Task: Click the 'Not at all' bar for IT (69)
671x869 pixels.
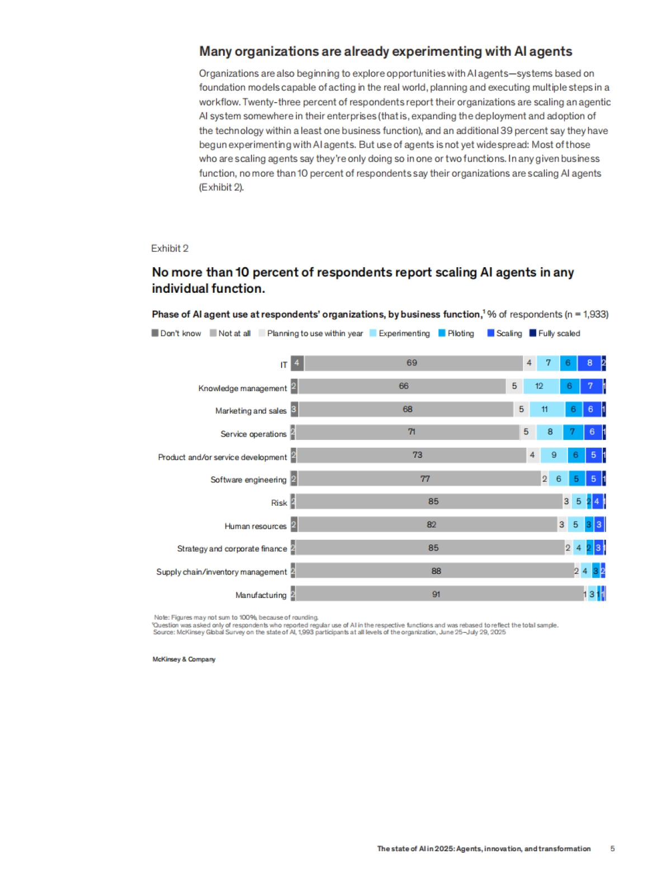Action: (413, 363)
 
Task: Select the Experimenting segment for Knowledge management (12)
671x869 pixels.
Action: (539, 386)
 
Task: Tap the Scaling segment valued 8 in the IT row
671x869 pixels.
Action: (589, 363)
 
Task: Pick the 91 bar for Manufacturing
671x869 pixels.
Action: (437, 594)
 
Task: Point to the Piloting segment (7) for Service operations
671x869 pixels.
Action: (573, 432)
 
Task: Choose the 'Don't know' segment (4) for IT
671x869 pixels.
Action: (297, 363)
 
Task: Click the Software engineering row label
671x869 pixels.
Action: (248, 479)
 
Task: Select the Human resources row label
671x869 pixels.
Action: (256, 526)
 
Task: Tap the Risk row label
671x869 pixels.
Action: (279, 503)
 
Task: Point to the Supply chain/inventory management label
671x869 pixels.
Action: (221, 572)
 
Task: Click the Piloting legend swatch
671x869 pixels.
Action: (442, 333)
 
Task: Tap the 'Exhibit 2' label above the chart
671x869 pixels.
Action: (169, 248)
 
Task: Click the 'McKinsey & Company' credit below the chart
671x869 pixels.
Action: (184, 659)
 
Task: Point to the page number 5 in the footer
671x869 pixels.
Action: (612, 848)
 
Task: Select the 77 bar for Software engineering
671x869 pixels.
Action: (425, 479)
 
